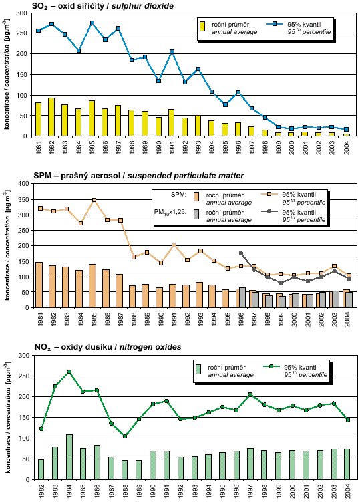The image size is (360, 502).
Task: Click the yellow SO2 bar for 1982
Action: coord(51,117)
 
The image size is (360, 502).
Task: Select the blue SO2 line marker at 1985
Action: coord(92,23)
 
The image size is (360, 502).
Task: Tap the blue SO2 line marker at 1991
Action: coord(172,52)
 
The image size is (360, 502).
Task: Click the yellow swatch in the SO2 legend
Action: coord(202,26)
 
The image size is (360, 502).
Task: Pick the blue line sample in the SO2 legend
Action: coord(275,24)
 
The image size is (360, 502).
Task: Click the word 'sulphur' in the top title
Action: coord(127,6)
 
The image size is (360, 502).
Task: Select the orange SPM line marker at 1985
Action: coord(94,200)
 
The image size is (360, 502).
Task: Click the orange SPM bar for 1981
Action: coord(39,285)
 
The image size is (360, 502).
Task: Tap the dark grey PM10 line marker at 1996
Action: coord(241,253)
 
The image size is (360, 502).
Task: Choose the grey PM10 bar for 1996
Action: coord(242,297)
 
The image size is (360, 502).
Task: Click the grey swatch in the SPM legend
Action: coord(196,214)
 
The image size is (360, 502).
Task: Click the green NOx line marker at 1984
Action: coord(69,372)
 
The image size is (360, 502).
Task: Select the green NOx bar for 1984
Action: coord(69,457)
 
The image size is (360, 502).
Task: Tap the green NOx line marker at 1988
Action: coord(125,436)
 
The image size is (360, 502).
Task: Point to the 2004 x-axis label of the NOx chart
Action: coord(348,491)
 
